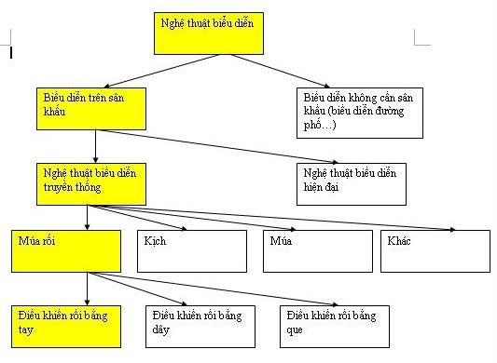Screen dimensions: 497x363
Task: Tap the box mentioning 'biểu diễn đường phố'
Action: pyautogui.click(x=353, y=110)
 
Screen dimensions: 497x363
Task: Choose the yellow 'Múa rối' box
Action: pyautogui.click(x=66, y=250)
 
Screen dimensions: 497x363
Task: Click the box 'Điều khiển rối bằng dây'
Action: pyautogui.click(x=199, y=326)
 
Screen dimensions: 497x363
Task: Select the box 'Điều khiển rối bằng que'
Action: pyautogui.click(x=331, y=326)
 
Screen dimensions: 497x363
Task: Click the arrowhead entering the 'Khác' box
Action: pyautogui.click(x=452, y=227)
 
